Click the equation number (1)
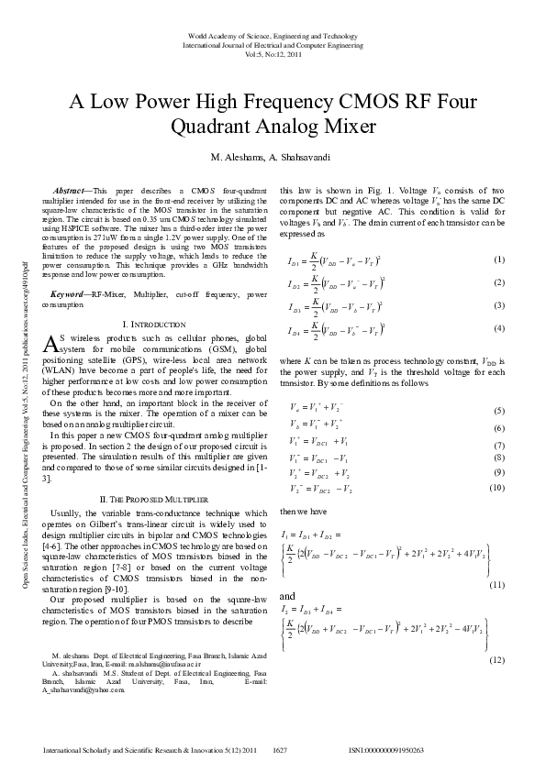[499, 260]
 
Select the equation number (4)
[499, 328]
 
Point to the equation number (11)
[496, 558]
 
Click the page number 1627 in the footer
[281, 750]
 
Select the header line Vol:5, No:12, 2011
[273, 53]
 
